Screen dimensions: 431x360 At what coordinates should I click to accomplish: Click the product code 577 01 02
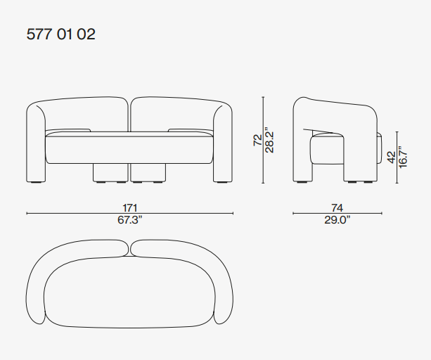pos(60,34)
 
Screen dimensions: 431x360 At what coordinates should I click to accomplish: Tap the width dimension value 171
pos(130,207)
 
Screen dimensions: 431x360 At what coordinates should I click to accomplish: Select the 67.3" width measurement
pos(130,220)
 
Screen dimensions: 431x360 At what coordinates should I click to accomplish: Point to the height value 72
pos(258,140)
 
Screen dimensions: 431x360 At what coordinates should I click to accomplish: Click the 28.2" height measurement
pos(269,140)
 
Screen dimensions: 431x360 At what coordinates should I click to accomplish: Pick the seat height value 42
pos(392,157)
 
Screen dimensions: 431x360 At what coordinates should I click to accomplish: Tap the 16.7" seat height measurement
pos(402,157)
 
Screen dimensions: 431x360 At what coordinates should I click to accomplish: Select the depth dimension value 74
pos(337,207)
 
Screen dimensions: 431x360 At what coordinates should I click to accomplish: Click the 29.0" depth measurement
pos(337,220)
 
